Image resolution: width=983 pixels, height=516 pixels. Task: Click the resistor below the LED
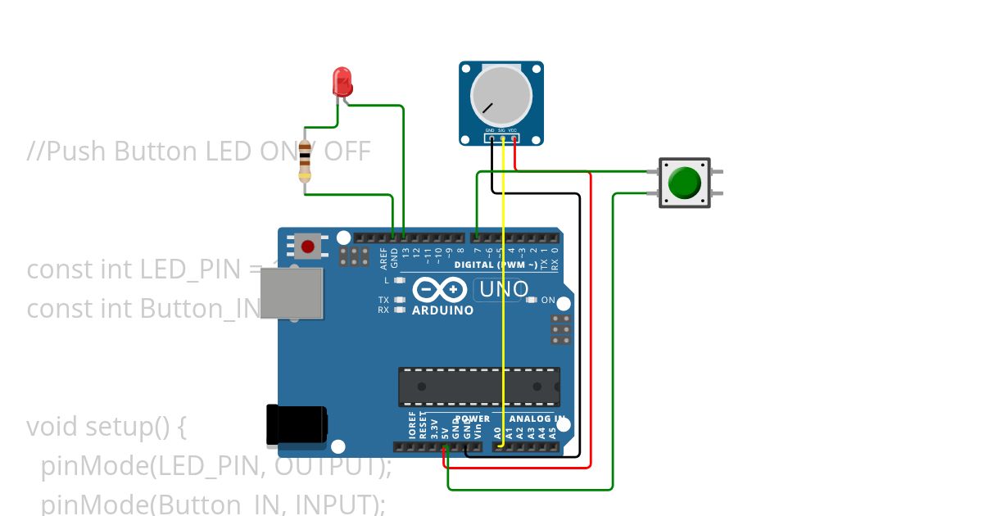(x=305, y=161)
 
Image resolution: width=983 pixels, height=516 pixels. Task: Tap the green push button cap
(x=685, y=183)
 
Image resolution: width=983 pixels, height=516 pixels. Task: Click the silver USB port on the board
(x=291, y=292)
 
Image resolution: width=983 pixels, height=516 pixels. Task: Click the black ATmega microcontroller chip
(x=479, y=387)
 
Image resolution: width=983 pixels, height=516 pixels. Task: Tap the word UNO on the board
(x=503, y=289)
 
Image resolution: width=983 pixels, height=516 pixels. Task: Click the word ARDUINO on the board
(x=442, y=311)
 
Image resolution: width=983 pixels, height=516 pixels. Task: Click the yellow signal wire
(x=502, y=287)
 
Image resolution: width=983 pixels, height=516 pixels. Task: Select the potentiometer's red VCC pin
(x=514, y=138)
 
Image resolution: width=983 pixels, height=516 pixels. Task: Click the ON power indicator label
(x=549, y=300)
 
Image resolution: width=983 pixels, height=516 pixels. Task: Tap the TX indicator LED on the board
(x=400, y=300)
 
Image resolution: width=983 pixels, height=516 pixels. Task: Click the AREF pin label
(x=383, y=259)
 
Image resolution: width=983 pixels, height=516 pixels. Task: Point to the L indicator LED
(x=400, y=280)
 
